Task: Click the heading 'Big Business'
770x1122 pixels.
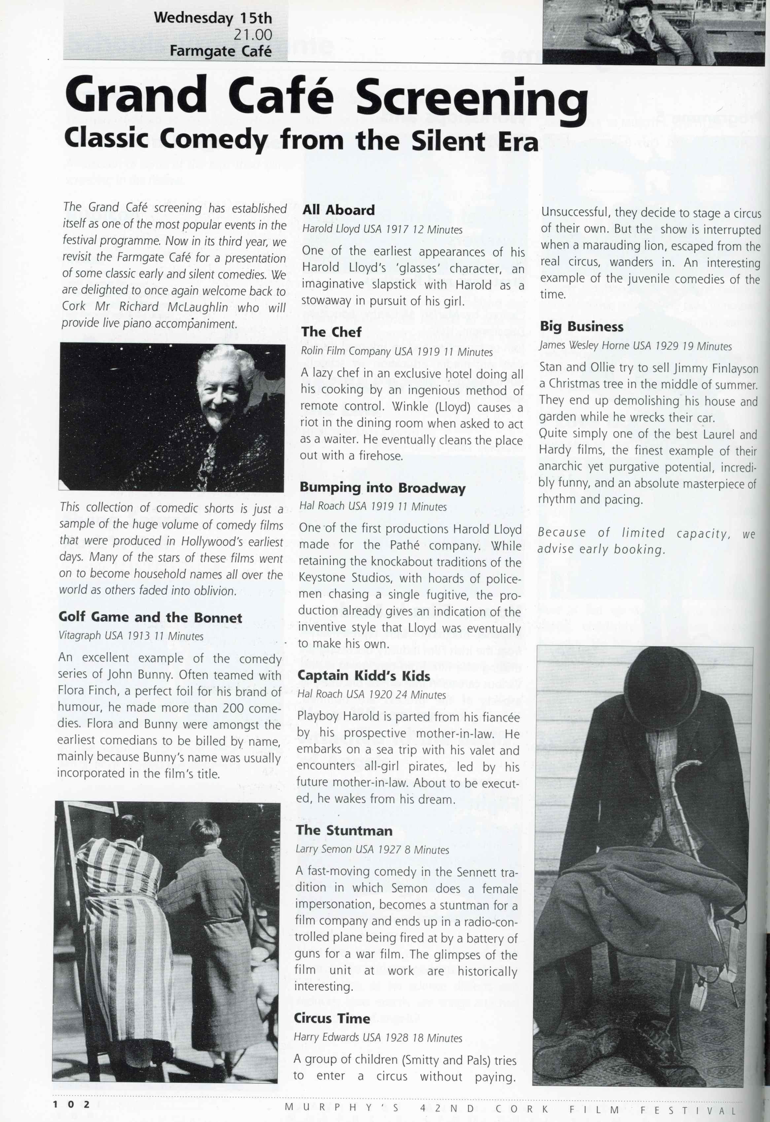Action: click(581, 326)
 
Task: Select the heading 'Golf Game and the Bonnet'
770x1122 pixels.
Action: click(150, 617)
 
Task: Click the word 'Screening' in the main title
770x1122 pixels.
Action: click(472, 96)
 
